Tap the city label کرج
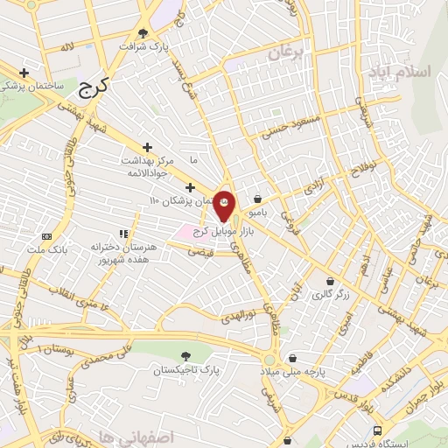[x=91, y=86]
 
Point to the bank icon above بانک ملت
[x=48, y=237]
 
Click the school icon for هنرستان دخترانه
[x=123, y=234]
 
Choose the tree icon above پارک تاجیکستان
[x=185, y=356]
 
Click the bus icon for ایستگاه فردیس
[x=377, y=430]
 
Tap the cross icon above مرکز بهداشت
[x=147, y=147]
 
